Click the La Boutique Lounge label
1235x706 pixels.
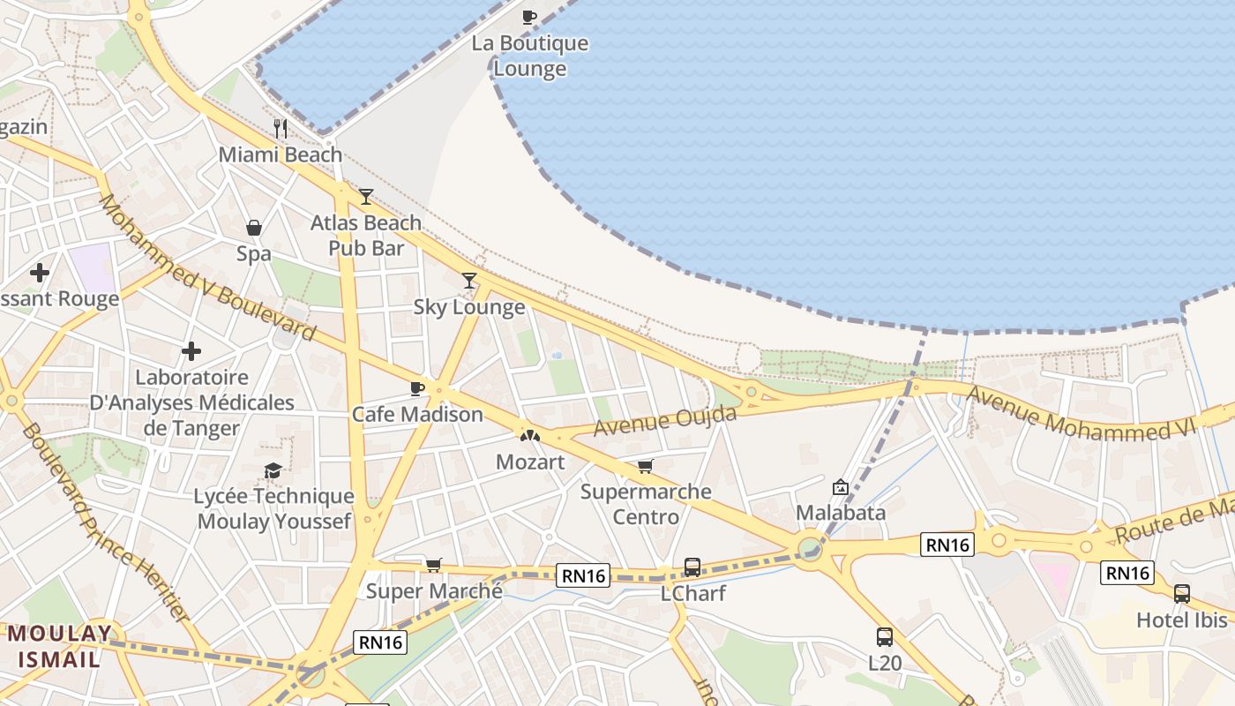coord(529,56)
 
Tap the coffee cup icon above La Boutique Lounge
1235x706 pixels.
coord(529,17)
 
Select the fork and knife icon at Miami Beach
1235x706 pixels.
coord(281,129)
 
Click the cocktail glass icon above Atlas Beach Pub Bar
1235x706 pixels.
coord(366,197)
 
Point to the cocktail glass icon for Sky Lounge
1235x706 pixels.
coord(469,281)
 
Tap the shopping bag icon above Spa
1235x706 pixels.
coord(254,228)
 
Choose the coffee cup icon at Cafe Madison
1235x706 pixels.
coord(417,388)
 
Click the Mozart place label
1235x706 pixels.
coord(530,462)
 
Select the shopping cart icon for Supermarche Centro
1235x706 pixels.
coord(646,466)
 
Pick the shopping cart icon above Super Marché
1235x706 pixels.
coord(433,565)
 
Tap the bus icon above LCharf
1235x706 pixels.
coord(692,567)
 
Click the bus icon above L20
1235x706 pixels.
coord(884,636)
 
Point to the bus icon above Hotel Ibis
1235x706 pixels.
coord(1181,594)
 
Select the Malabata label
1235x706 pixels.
coord(841,512)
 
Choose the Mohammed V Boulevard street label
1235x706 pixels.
coord(206,268)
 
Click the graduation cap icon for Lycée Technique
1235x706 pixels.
coord(273,471)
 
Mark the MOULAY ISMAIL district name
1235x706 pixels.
coord(60,646)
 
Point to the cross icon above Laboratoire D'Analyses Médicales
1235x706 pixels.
coord(191,352)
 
